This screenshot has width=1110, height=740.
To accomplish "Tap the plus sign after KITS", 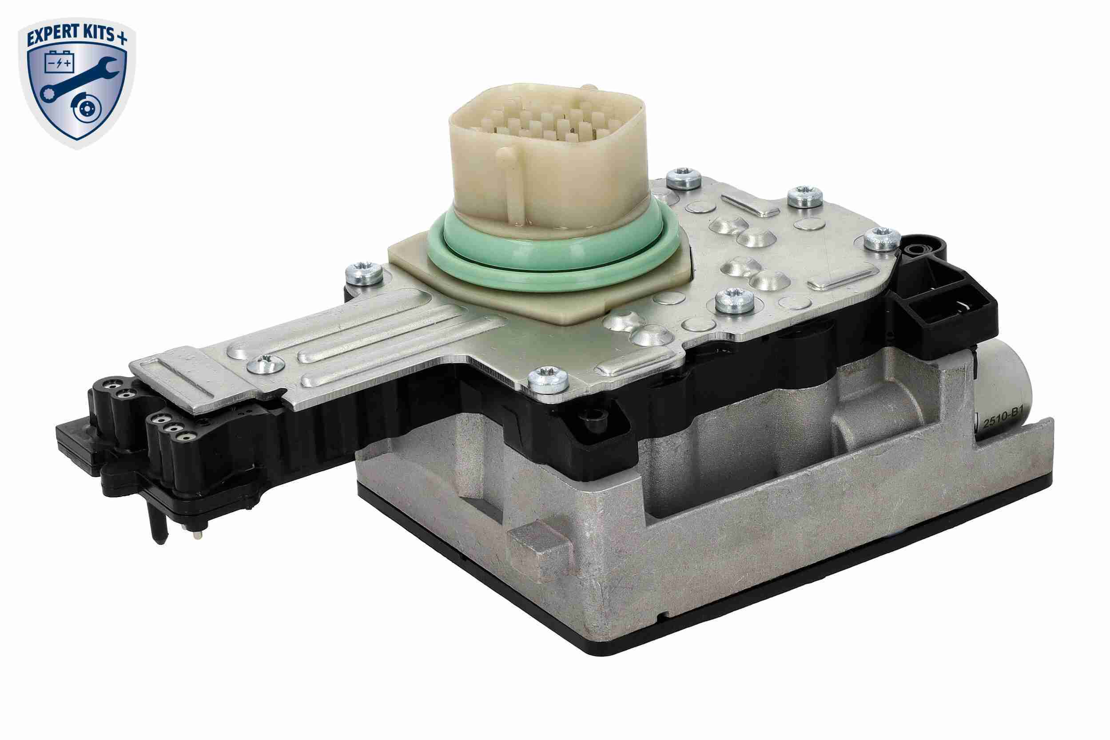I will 122,38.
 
